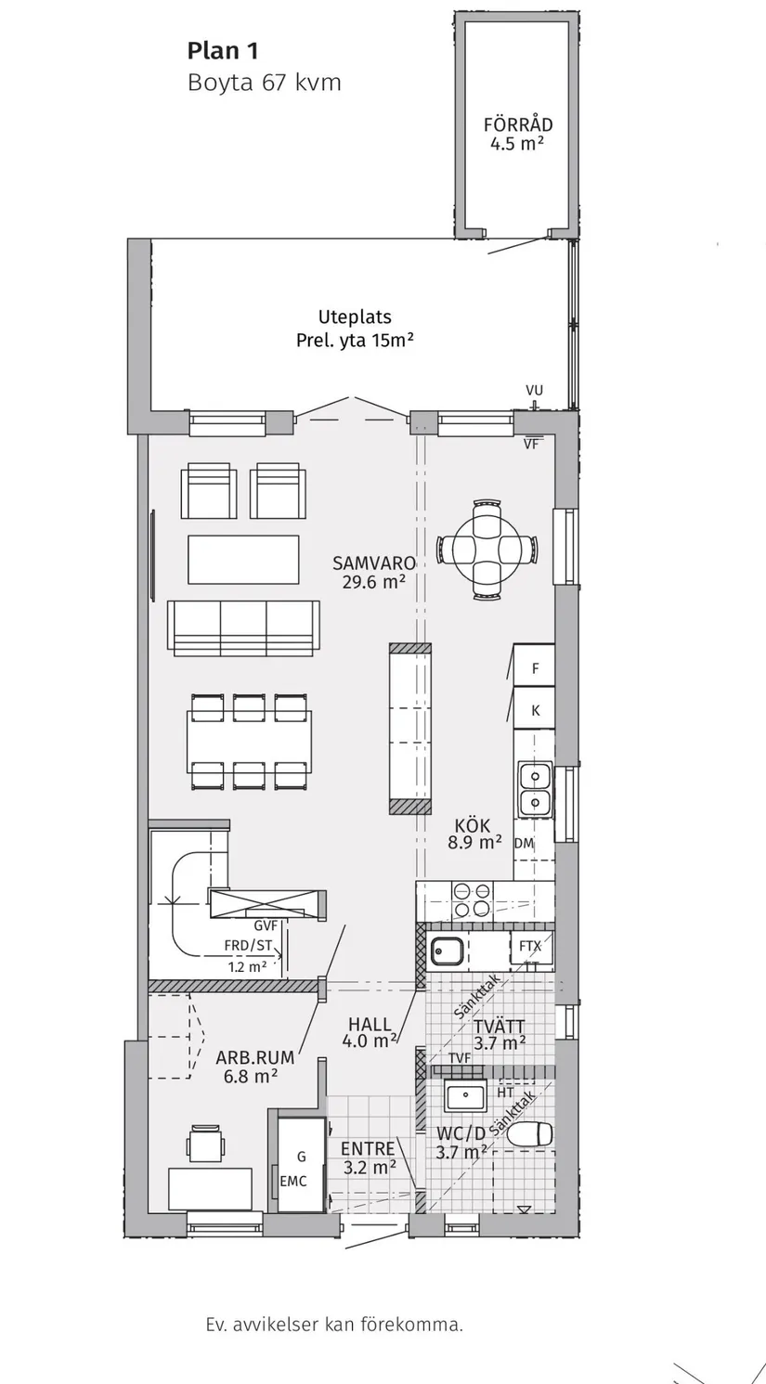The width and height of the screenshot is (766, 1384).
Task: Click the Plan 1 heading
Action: (223, 51)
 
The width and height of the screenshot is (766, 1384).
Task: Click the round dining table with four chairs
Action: (487, 549)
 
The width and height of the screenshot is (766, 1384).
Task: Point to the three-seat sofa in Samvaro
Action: (243, 627)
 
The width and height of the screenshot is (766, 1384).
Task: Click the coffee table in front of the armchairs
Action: (243, 559)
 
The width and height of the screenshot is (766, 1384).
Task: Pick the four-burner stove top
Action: (473, 899)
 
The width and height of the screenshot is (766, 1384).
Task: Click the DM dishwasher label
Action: (524, 843)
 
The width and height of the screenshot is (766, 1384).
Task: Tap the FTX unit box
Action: (530, 946)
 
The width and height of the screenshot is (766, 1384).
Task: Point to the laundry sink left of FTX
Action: (446, 951)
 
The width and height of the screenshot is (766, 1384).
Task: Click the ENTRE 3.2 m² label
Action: (369, 1158)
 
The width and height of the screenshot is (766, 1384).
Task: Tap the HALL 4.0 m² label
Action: (370, 1032)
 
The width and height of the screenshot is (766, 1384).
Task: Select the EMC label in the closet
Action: (293, 1182)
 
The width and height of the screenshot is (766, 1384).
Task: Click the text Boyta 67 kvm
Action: (264, 83)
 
